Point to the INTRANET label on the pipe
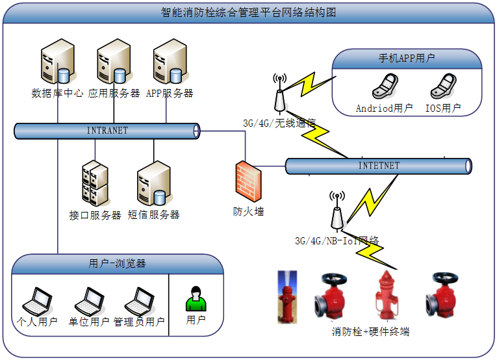(107, 131)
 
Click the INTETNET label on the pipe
(379, 166)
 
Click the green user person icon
(196, 299)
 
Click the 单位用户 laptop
(89, 301)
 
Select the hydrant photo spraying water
(287, 296)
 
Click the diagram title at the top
(248, 12)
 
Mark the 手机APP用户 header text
(407, 58)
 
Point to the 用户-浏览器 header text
(117, 263)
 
